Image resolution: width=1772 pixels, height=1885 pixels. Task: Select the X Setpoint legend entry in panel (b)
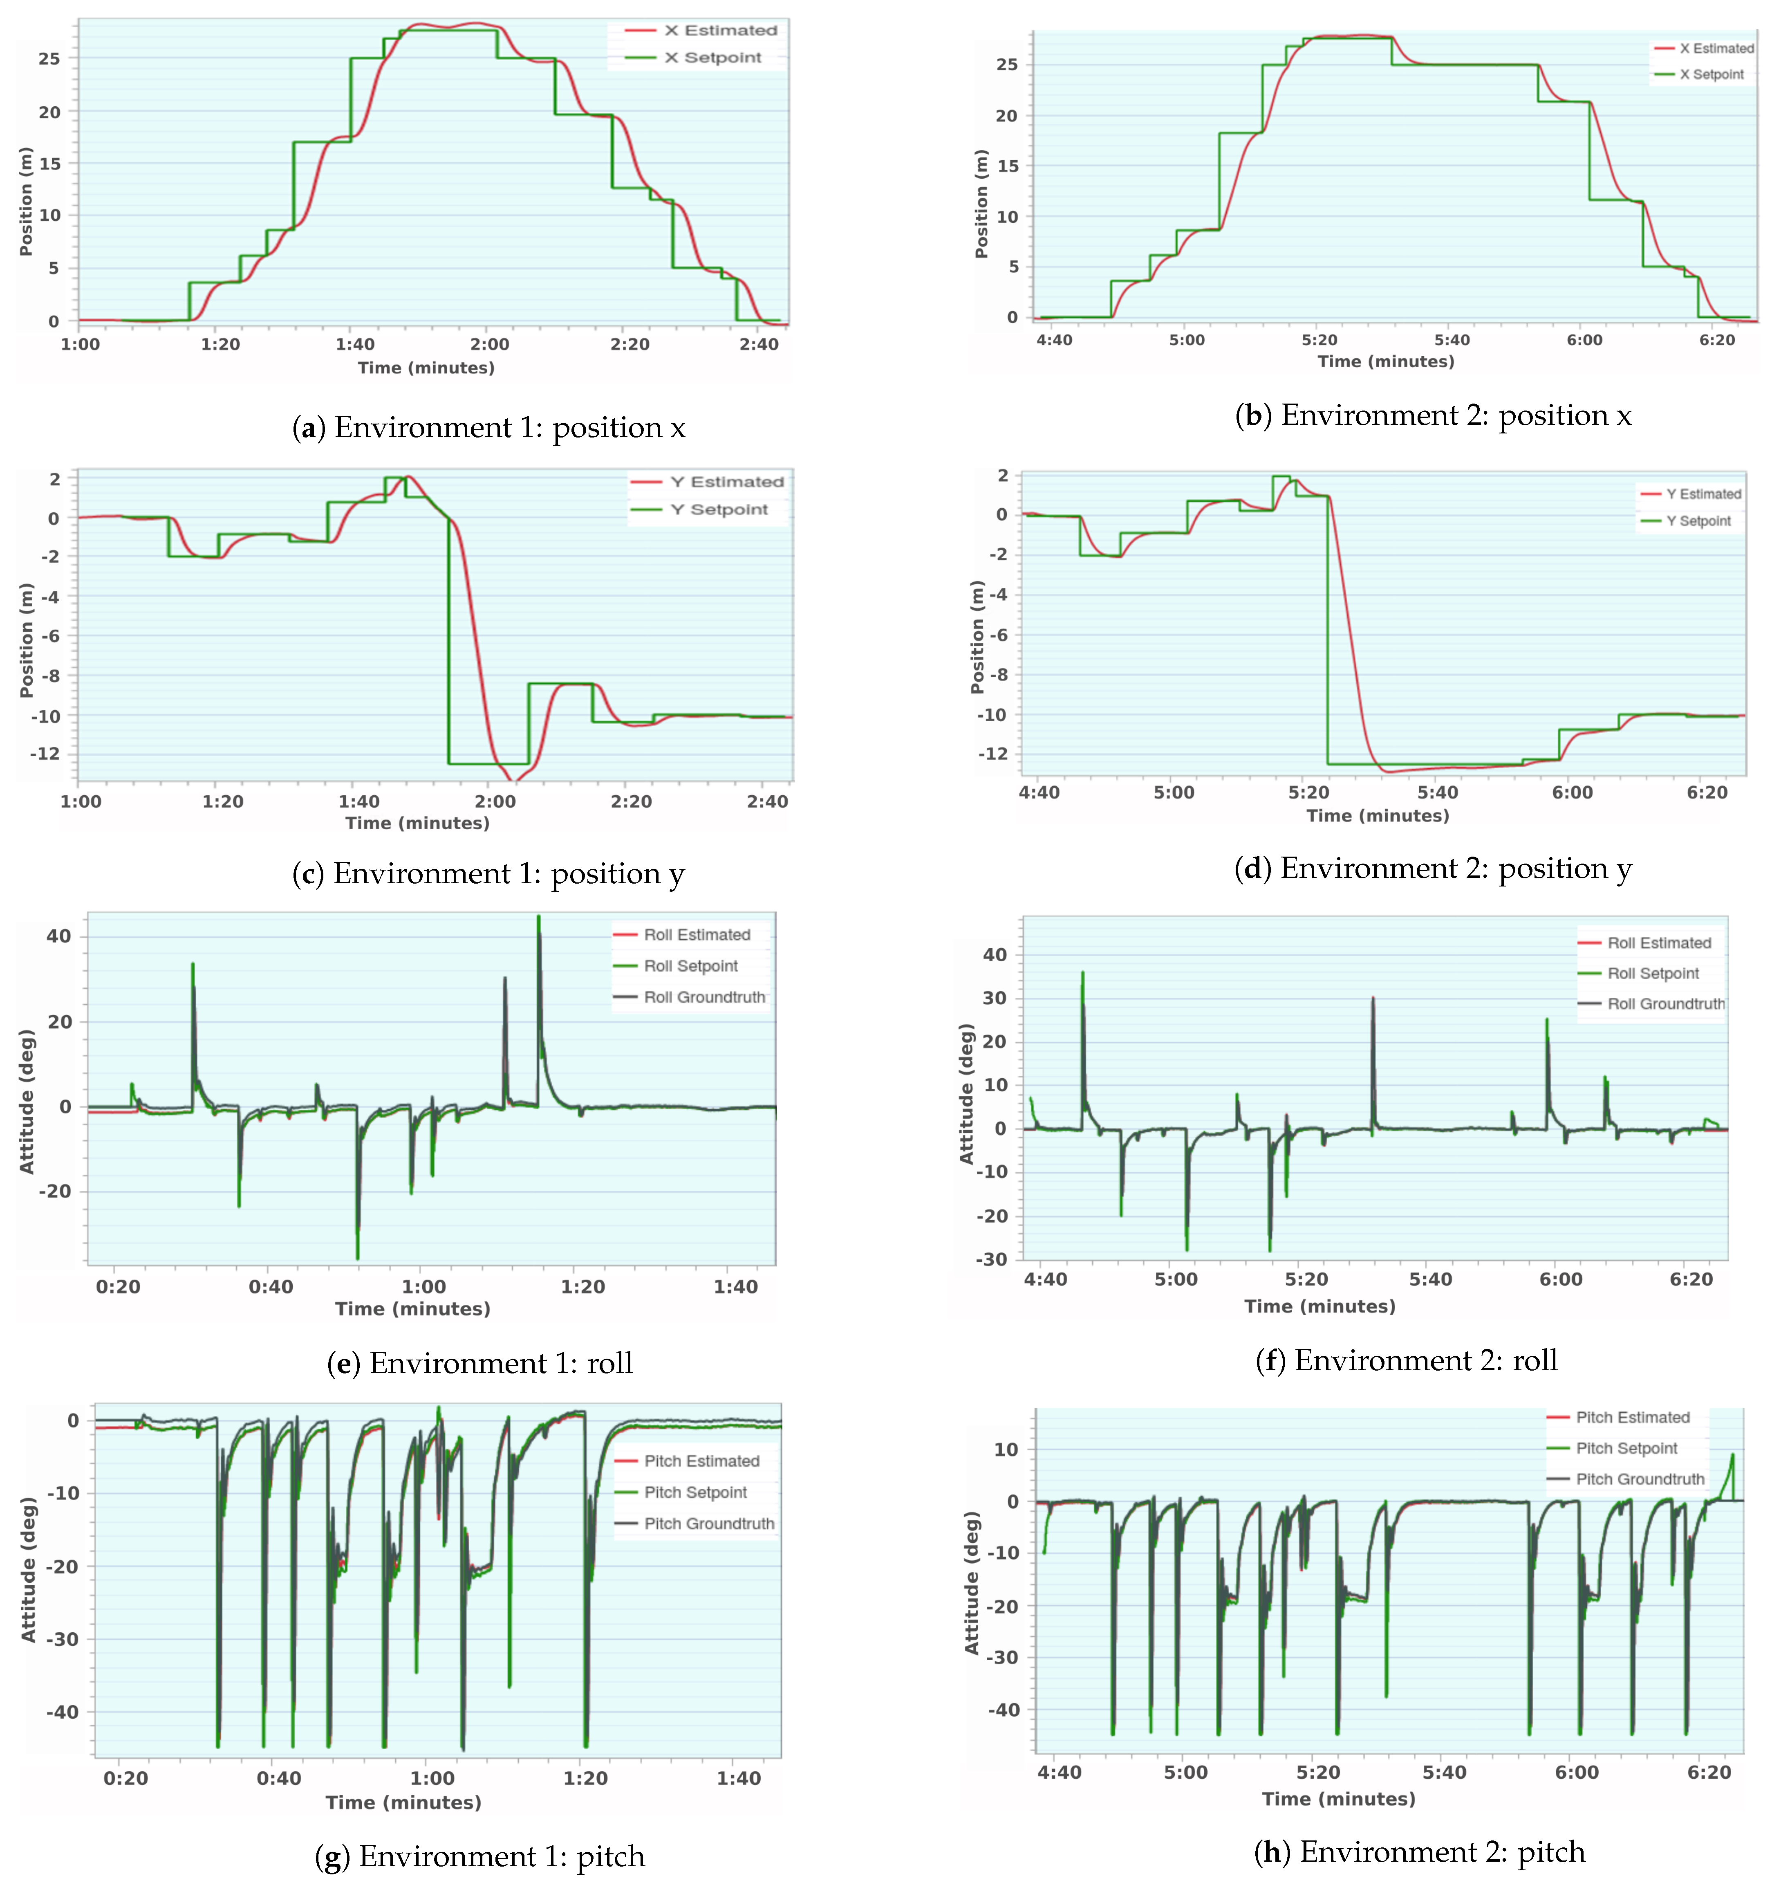pos(1712,74)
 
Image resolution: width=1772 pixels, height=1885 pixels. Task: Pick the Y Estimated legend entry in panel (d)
pos(1703,494)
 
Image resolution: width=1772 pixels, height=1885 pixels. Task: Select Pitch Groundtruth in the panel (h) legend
pos(1639,1479)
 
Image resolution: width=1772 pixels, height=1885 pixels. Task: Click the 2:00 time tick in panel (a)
pos(490,344)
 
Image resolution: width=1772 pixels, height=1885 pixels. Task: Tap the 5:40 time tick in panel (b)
pos(1452,339)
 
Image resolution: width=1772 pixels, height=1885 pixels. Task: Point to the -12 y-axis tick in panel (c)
pos(45,754)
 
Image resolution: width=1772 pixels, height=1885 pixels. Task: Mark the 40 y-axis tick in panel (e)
pos(59,936)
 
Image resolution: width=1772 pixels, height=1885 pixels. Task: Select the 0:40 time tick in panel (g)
pos(279,1778)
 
